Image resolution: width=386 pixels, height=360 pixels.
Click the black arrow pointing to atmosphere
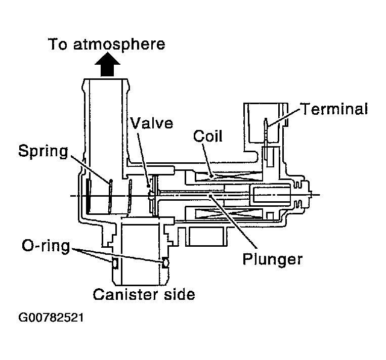(x=107, y=66)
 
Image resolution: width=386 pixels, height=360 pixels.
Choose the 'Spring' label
(x=43, y=151)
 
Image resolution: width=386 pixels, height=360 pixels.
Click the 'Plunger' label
(x=273, y=259)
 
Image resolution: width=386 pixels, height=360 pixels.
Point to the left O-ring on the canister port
(x=114, y=262)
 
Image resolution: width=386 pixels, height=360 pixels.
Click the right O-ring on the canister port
(x=164, y=262)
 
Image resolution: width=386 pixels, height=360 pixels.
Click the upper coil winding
(x=222, y=177)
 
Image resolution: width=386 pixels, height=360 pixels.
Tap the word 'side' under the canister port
(x=177, y=293)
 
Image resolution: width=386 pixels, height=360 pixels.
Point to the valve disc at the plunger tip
(x=151, y=195)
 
